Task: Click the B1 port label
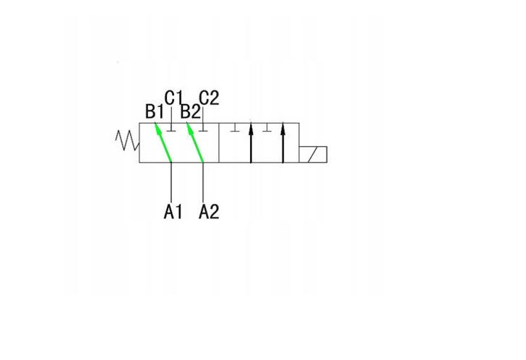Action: (x=155, y=111)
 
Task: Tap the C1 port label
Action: (x=173, y=98)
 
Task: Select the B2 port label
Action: (x=190, y=111)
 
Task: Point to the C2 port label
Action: (x=209, y=98)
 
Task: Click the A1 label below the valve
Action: (x=173, y=212)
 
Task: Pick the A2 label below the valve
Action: (x=209, y=212)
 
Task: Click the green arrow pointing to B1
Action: (x=163, y=142)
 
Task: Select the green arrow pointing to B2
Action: (x=195, y=142)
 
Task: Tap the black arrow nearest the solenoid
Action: (x=283, y=142)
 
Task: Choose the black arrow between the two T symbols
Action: (x=251, y=141)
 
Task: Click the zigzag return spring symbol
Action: (x=127, y=140)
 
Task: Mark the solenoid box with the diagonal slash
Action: (x=313, y=154)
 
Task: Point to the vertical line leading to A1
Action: (x=171, y=182)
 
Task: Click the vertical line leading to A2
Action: (x=203, y=182)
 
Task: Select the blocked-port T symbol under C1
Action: (x=171, y=127)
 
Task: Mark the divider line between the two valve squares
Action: (x=219, y=143)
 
